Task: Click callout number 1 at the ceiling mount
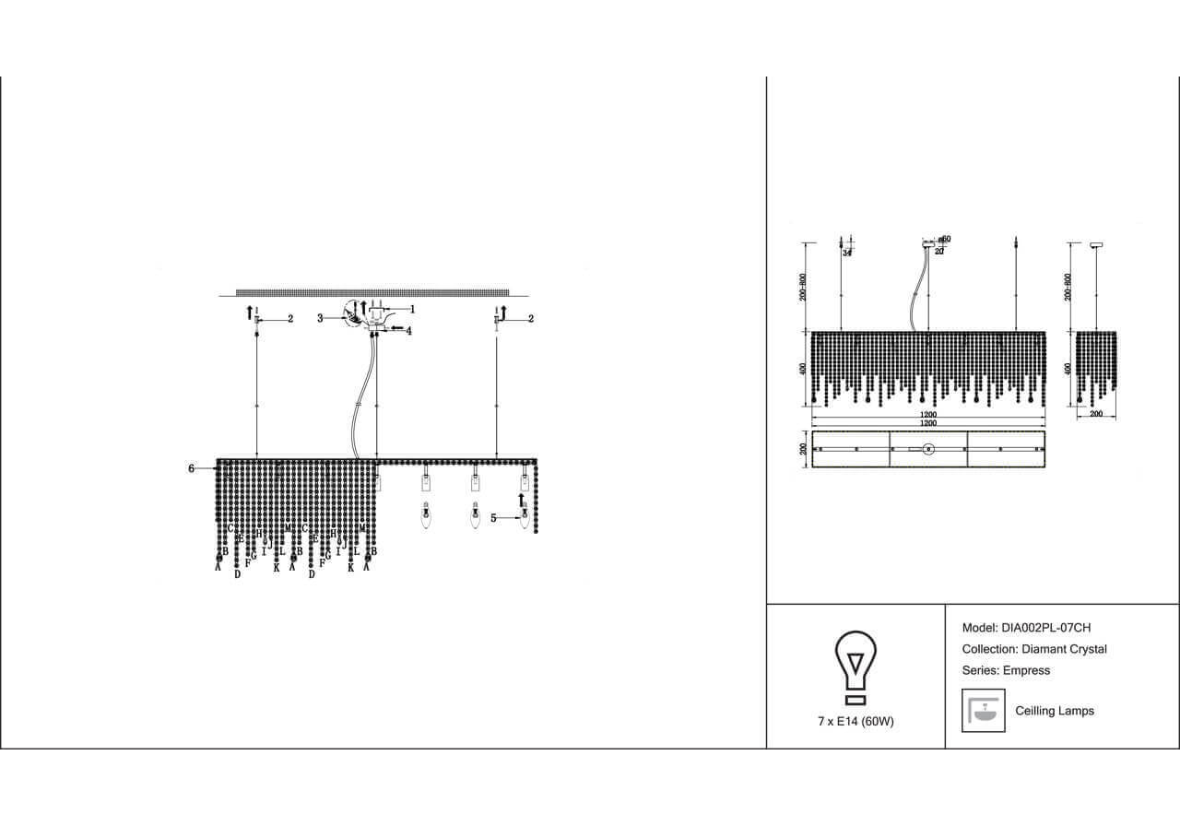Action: (412, 309)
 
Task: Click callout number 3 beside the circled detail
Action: (320, 318)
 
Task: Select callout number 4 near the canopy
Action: (408, 330)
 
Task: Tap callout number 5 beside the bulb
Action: (493, 518)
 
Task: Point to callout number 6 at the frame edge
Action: (192, 468)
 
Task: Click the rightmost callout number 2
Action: (531, 318)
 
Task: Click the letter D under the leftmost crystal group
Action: (237, 573)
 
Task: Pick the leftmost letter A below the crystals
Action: (218, 568)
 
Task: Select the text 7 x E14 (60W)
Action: (855, 721)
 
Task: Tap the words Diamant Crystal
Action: (1064, 649)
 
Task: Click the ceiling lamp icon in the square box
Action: (983, 711)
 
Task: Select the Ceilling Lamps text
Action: (1054, 711)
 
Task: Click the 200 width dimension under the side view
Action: (1096, 415)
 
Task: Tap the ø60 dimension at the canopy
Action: (945, 240)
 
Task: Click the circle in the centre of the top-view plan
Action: (928, 449)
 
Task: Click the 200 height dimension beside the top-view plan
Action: (804, 449)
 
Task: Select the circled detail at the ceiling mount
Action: (355, 314)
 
